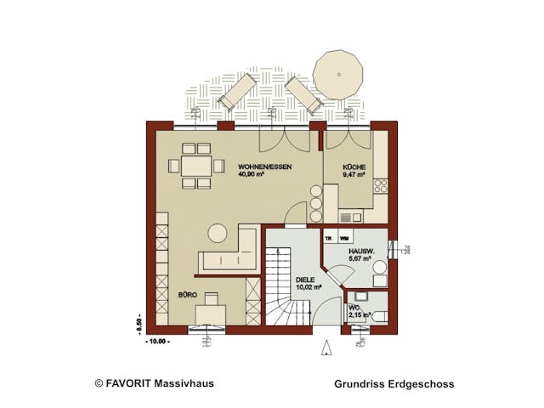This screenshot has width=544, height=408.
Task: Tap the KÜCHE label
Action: point(354,167)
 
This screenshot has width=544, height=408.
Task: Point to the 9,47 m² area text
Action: point(354,175)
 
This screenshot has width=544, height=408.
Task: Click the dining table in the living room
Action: point(197,165)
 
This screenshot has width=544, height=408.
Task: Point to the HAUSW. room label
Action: point(360,252)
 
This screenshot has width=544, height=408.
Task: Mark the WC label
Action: point(354,308)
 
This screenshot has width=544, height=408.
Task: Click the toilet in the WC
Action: point(379,316)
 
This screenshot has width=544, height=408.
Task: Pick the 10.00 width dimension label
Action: point(157,341)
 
